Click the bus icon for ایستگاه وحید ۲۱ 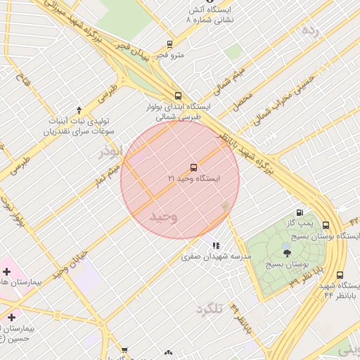pos(193,167)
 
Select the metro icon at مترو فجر pos(169,44)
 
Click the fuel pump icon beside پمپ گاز pos(300,212)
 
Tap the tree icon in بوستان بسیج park pos(287,252)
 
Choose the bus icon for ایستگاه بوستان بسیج pos(326,226)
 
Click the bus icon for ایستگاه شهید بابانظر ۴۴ pos(340,276)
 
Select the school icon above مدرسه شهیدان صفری pos(216,246)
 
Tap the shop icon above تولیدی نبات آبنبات pos(79,110)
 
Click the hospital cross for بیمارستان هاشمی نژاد pos(6,271)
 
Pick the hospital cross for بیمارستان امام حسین pos(11,318)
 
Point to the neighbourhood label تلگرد pos(210,309)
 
